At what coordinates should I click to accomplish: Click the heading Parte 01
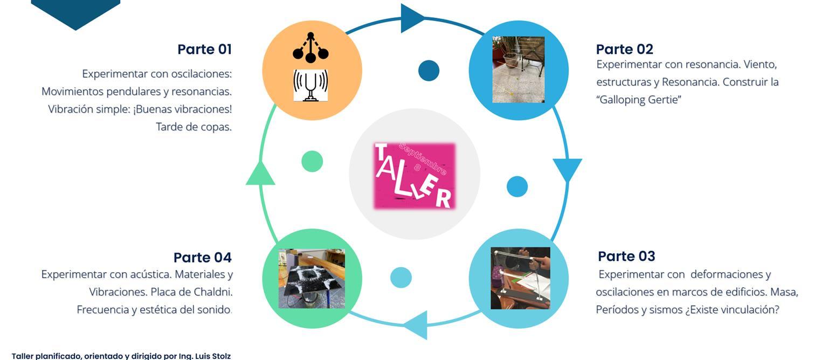click(x=204, y=49)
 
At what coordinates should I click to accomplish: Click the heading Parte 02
click(x=624, y=49)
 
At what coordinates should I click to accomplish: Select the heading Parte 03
click(x=626, y=256)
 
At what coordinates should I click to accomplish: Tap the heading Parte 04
click(x=202, y=257)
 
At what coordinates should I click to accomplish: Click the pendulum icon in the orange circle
click(x=310, y=47)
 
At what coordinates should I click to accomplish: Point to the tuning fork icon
click(x=310, y=85)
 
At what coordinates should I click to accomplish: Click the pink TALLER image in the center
click(x=414, y=176)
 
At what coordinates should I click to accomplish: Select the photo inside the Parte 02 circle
click(x=518, y=70)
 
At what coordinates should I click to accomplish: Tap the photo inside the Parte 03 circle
click(x=520, y=278)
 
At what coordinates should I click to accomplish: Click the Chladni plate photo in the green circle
click(x=312, y=279)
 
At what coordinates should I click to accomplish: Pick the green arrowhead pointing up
click(x=261, y=174)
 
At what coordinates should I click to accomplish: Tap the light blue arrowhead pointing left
click(x=417, y=325)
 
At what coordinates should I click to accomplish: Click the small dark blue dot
click(x=429, y=71)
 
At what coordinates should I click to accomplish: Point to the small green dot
click(x=312, y=161)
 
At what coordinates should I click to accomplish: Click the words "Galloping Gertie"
click(x=639, y=100)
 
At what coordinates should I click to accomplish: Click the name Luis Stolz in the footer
click(x=212, y=356)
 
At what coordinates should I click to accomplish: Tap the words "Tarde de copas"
click(x=194, y=127)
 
